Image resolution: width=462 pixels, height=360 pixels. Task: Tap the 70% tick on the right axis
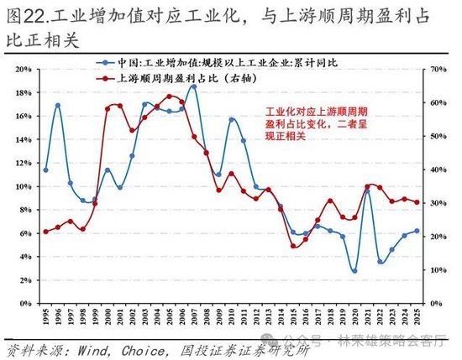[x=438, y=69]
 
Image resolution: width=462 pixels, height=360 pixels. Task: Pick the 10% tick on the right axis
[x=438, y=270]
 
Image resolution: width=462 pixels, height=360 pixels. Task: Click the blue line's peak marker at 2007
[x=194, y=86]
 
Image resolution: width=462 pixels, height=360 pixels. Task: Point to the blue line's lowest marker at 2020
[x=354, y=271]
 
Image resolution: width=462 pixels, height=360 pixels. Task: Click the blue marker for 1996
[x=58, y=106]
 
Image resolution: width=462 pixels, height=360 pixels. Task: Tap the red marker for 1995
[x=45, y=232]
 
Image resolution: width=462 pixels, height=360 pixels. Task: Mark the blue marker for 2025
[x=417, y=231]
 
